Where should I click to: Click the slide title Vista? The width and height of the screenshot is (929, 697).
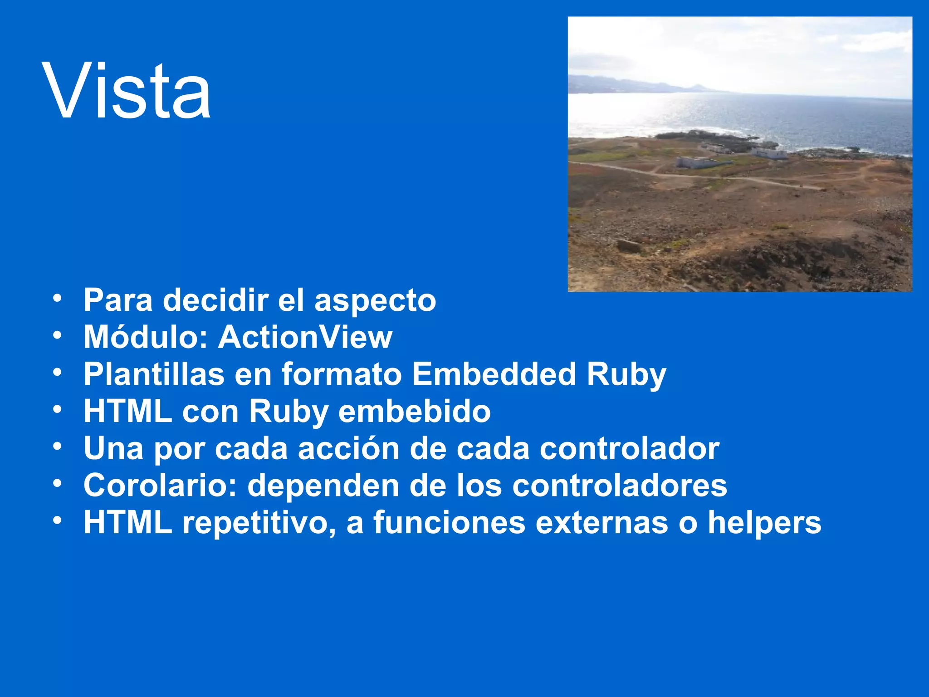(127, 91)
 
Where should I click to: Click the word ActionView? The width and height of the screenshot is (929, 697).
(305, 337)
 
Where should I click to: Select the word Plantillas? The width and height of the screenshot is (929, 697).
(154, 374)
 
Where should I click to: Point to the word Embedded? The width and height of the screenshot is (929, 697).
(494, 374)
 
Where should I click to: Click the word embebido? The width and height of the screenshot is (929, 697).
(414, 412)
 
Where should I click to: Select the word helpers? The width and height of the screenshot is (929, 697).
(764, 523)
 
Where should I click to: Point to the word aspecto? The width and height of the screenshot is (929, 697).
(375, 300)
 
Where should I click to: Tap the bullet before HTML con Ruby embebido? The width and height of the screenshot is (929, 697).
(57, 410)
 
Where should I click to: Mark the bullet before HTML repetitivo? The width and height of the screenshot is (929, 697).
(57, 521)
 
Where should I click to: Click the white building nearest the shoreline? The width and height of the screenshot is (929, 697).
(770, 154)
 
